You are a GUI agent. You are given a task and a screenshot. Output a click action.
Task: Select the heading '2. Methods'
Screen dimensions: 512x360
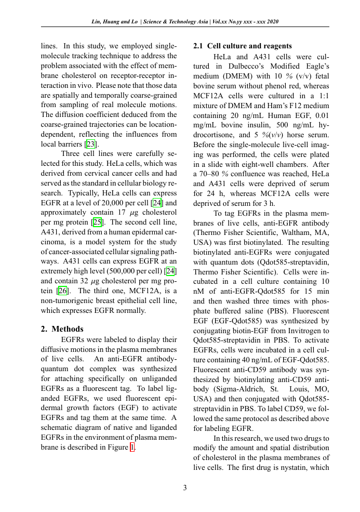(62, 329)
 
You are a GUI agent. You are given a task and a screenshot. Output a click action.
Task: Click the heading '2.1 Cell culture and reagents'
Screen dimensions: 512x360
(242, 46)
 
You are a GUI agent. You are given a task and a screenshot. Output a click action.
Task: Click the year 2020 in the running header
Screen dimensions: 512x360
(272, 22)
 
